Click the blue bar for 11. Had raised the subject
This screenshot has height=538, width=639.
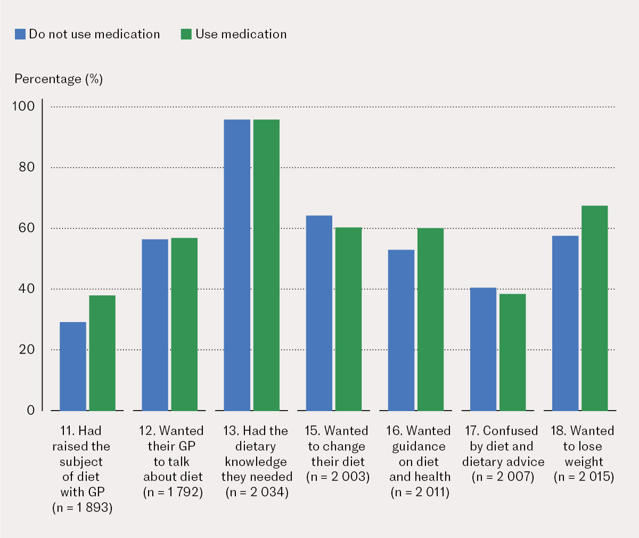point(73,366)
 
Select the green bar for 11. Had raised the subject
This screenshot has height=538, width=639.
point(102,353)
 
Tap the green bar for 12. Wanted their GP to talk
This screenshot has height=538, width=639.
point(184,324)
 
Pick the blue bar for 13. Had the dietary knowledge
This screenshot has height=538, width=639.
point(237,265)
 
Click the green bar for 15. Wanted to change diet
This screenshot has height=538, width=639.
point(349,319)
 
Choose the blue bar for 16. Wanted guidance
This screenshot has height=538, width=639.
point(401,330)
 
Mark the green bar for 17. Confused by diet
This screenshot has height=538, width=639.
point(513,352)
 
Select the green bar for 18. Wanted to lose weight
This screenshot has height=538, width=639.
point(594,308)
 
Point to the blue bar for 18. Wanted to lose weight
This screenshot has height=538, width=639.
point(566,323)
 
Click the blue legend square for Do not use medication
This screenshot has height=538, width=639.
point(20,34)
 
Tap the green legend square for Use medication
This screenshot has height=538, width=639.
point(186,34)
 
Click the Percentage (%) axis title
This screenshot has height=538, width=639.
point(59,79)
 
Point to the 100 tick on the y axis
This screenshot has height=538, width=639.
point(23,106)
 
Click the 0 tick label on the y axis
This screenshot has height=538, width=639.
point(30,410)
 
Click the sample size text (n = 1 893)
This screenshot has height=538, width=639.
point(83,508)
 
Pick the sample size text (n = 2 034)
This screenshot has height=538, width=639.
point(257,492)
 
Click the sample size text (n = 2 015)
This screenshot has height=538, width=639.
point(584,477)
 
